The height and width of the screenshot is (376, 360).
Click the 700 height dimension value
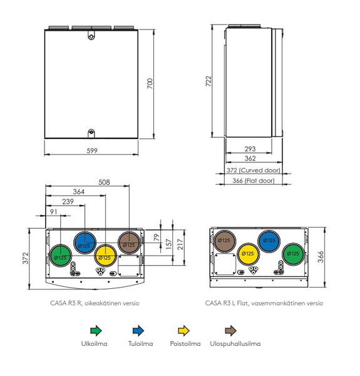coord(149,83)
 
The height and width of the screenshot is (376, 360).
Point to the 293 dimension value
coord(250,149)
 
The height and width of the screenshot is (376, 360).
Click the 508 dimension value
coord(104,182)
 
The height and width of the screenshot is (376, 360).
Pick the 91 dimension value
coord(53,212)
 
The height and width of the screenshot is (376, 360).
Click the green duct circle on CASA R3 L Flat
coord(292,254)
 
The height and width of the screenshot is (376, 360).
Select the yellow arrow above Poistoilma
coord(184,329)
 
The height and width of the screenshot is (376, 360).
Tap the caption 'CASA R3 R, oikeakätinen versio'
coord(95,302)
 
